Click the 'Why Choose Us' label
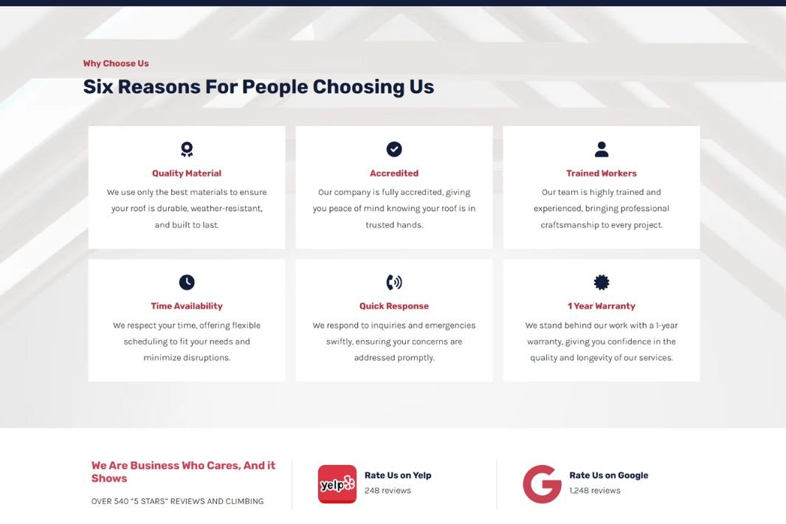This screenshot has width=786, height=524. point(116,63)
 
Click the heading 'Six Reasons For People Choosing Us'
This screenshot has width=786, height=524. point(258,87)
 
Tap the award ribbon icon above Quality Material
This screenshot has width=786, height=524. point(187,149)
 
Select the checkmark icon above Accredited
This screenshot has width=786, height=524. point(394,149)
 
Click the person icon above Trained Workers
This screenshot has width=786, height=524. point(601,149)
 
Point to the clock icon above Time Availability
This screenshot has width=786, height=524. point(187,283)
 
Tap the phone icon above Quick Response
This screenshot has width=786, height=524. point(394,283)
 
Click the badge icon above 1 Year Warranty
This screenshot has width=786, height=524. point(601,283)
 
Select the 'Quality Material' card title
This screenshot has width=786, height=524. point(187,173)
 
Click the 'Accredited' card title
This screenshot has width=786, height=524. point(394,173)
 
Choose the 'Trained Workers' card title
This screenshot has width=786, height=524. point(601,173)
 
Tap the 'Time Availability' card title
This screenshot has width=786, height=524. point(187,306)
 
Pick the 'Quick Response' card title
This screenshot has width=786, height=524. point(394,306)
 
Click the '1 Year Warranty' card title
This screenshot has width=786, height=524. point(601,306)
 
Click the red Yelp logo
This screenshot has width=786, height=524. point(337,484)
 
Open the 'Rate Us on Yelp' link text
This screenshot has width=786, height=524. point(398,475)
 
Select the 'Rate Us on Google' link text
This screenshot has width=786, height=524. point(609,475)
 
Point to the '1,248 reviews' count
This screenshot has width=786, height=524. point(595,490)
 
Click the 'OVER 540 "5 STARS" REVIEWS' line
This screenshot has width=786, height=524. point(177,501)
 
